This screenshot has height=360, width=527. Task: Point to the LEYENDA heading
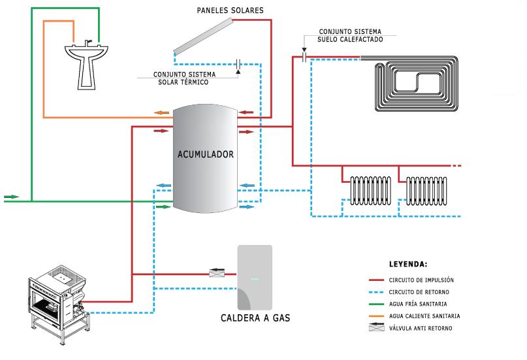coord(407,265)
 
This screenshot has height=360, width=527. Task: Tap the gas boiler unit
coord(255,278)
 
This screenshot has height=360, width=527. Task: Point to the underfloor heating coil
coord(413,87)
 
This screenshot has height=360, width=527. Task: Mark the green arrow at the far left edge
coord(11,196)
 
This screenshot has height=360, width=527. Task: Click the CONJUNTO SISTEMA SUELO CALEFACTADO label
coord(351,35)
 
